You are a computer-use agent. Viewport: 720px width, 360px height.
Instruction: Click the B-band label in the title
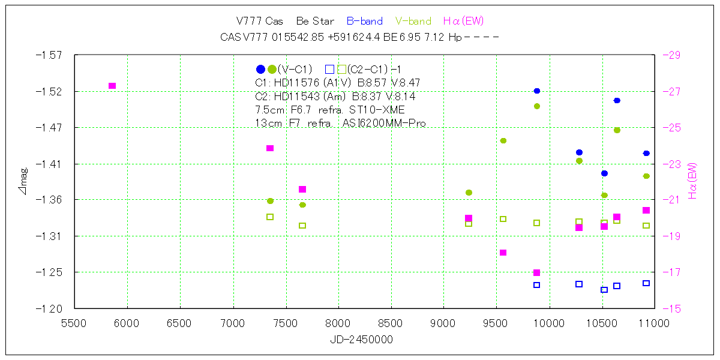[x=365, y=22]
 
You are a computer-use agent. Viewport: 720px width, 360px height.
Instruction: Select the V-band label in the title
[x=413, y=22]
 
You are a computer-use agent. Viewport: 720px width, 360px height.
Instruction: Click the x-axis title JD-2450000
[x=361, y=340]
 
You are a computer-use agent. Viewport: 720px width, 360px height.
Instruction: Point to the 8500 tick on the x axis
[x=391, y=324]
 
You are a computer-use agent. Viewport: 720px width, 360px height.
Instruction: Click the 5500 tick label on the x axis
[x=74, y=324]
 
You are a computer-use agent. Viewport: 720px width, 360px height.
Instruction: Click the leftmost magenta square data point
[x=112, y=86]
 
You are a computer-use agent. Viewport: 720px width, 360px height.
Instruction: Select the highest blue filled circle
[x=537, y=91]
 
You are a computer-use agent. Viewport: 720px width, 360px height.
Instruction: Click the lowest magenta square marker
[x=537, y=273]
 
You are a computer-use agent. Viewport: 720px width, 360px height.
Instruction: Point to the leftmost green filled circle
[x=270, y=201]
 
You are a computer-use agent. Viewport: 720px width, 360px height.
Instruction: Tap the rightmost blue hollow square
[x=646, y=283]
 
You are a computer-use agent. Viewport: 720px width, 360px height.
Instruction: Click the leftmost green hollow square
[x=270, y=217]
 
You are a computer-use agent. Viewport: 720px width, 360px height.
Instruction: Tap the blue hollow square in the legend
[x=329, y=69]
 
